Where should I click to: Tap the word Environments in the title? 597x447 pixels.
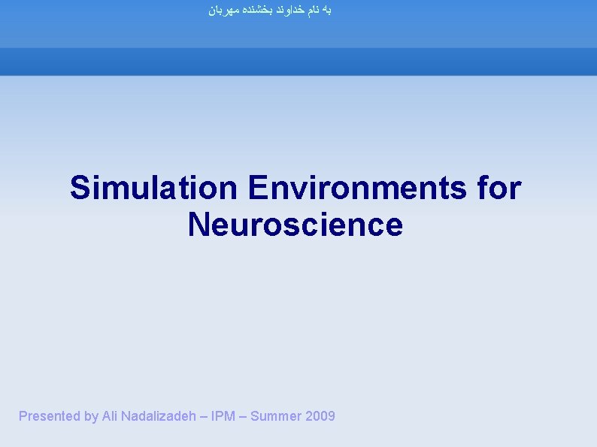tap(356, 188)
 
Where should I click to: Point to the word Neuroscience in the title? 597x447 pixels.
tap(295, 225)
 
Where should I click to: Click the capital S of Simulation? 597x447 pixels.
tap(80, 188)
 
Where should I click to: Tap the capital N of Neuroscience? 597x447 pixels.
tap(198, 225)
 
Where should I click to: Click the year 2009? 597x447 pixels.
tap(321, 416)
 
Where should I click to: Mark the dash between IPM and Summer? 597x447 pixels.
tap(241, 416)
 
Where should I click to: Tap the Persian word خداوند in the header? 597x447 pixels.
tap(289, 11)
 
